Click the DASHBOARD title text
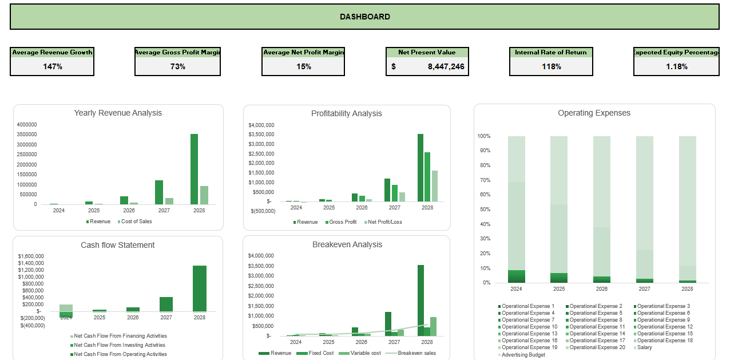364,17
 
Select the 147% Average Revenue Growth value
53,66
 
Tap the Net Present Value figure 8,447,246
446,66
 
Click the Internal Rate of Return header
551,53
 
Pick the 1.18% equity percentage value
676,66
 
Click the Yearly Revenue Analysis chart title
118,113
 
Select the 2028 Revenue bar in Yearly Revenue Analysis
194,169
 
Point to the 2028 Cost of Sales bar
204,195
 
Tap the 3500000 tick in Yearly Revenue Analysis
27,134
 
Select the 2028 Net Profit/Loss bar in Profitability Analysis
434,186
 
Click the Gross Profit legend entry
342,222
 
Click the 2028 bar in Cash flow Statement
199,288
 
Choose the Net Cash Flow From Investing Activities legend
119,345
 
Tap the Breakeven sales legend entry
416,353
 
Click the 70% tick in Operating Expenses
483,180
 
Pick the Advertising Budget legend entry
523,355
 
